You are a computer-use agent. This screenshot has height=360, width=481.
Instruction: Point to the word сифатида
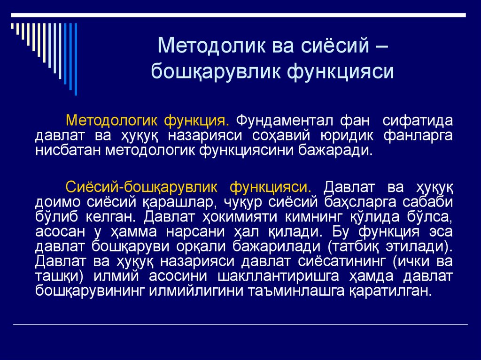tap(418, 120)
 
